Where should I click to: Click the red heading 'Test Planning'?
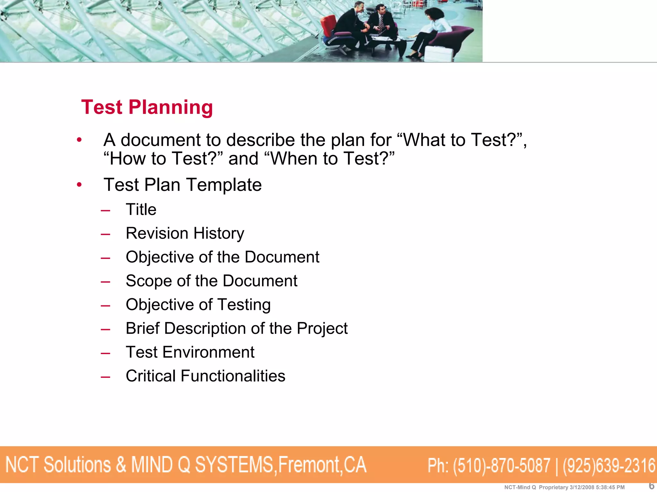[147, 107]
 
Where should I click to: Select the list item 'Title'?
[141, 210]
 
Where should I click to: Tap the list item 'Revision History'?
[185, 233]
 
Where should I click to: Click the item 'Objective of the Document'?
[222, 257]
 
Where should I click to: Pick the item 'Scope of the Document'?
[211, 281]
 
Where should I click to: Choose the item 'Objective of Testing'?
[198, 305]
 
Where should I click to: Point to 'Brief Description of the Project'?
[236, 328]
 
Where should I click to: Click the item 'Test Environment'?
[190, 352]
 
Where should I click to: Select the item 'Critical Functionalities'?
[205, 376]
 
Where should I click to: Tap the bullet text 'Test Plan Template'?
[183, 185]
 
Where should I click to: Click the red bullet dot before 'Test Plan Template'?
[79, 185]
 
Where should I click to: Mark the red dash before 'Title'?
[105, 211]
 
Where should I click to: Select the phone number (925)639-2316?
[609, 465]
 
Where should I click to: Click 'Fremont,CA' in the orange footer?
[322, 465]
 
